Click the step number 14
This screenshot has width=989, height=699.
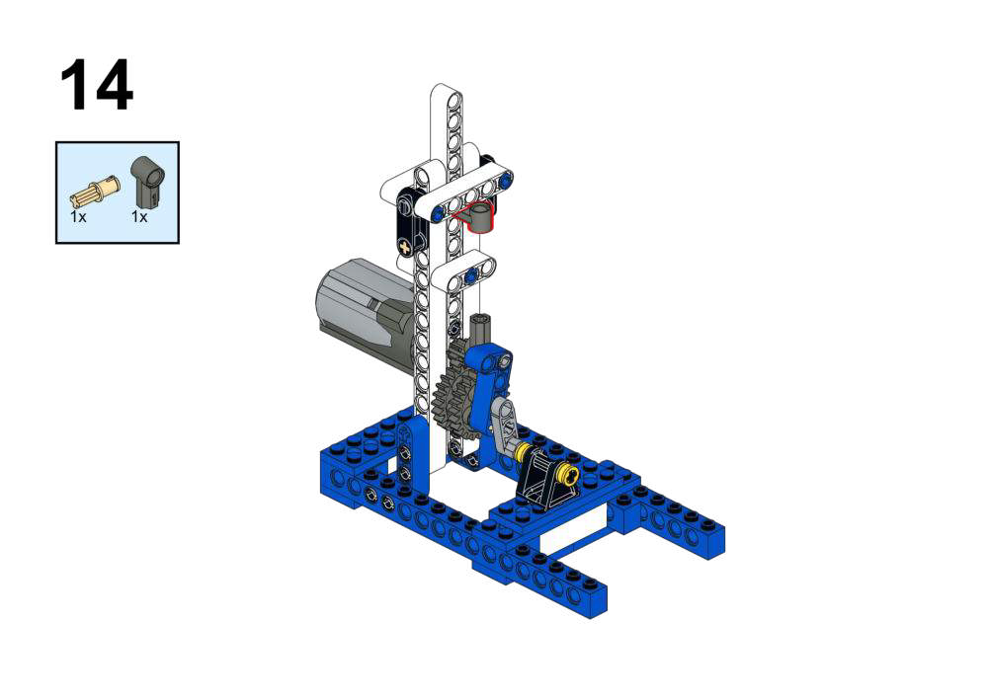(x=97, y=85)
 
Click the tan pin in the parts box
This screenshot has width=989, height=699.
(x=94, y=191)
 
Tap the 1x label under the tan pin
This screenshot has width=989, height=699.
(x=78, y=217)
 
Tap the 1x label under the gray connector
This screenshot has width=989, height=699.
(x=139, y=217)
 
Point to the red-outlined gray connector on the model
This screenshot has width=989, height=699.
(x=476, y=216)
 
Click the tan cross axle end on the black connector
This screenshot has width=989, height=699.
(x=404, y=245)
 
